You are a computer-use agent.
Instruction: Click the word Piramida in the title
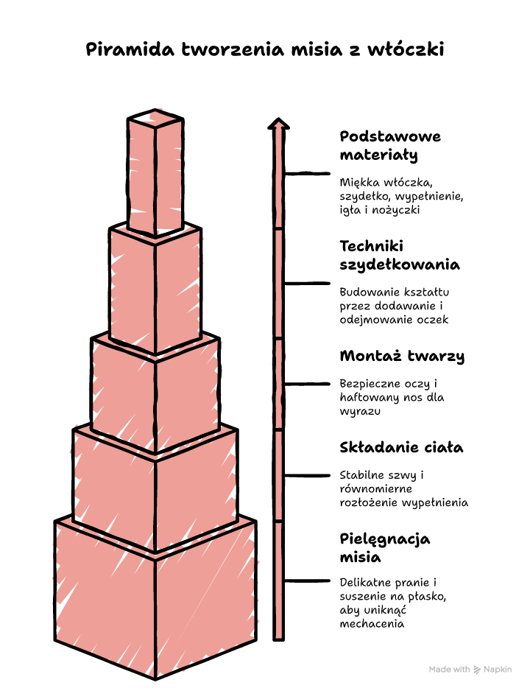pyautogui.click(x=130, y=49)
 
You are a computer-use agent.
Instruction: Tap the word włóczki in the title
pyautogui.click(x=406, y=49)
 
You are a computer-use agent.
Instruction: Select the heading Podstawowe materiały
pyautogui.click(x=390, y=146)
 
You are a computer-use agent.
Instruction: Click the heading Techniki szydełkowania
pyautogui.click(x=400, y=255)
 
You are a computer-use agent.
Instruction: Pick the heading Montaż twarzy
pyautogui.click(x=402, y=356)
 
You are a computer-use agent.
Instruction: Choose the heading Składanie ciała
pyautogui.click(x=401, y=448)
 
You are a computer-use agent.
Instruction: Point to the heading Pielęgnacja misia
pyautogui.click(x=385, y=548)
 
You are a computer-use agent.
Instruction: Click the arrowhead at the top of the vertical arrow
pyautogui.click(x=278, y=124)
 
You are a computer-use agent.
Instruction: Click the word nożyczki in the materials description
pyautogui.click(x=396, y=210)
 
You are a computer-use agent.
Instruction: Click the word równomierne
pyautogui.click(x=376, y=488)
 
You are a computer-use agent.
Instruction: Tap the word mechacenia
pyautogui.click(x=372, y=624)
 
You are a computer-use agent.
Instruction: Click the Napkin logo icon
pyautogui.click(x=477, y=670)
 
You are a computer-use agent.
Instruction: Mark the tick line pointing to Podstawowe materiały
pyautogui.click(x=307, y=174)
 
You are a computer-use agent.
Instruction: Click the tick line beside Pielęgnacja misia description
pyautogui.click(x=307, y=580)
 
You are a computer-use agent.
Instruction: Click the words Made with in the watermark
pyautogui.click(x=450, y=670)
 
